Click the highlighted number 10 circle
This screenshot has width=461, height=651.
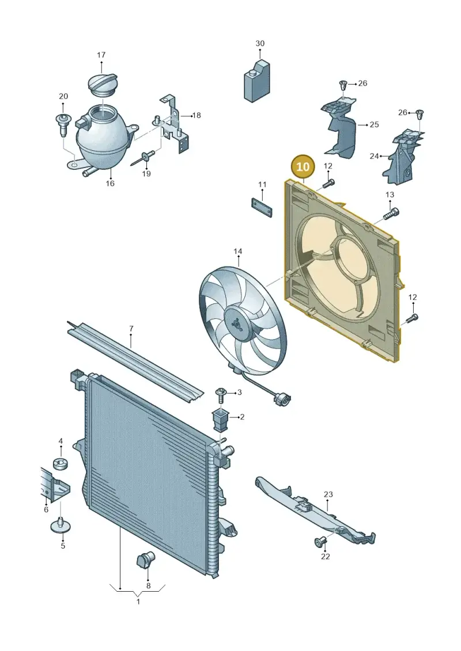[303, 167]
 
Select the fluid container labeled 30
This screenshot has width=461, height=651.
[257, 81]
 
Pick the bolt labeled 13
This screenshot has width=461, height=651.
[390, 214]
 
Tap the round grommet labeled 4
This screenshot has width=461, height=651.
[61, 463]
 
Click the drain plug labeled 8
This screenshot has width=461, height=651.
[145, 561]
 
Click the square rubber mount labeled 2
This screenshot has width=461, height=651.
[221, 420]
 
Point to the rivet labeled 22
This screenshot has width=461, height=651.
[320, 542]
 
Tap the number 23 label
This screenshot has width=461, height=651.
[328, 494]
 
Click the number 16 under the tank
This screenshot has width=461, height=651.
[109, 183]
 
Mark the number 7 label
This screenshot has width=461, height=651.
[131, 329]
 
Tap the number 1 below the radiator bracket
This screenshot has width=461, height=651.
[138, 601]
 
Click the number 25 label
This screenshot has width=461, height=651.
[374, 124]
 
